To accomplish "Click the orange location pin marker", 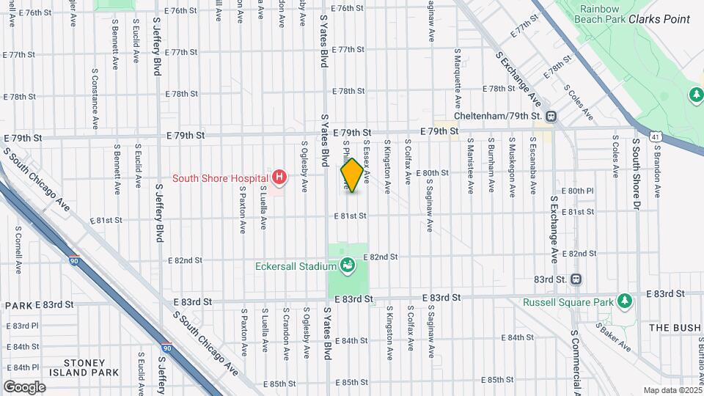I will pos(352,175).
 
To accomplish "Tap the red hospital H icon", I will pos(279,177).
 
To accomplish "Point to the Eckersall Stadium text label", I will pos(296,266).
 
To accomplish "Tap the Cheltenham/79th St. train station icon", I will pos(551,116).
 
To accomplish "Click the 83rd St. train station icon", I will pos(576,279).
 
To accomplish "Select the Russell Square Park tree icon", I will pos(624,301).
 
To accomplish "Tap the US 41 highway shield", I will pos(653,136).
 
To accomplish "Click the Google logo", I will pos(24,386).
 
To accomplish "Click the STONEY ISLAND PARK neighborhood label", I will pos(91,367).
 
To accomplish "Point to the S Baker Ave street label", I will pos(614,337).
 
